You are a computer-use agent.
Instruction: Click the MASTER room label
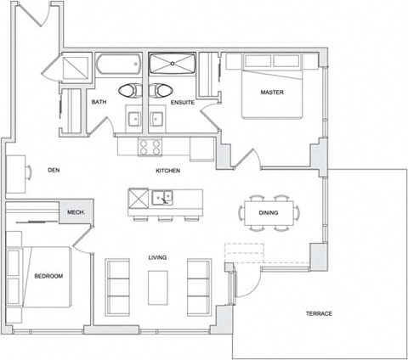(272, 92)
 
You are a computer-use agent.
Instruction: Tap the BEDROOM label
(48, 277)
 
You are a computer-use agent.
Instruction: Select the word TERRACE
(319, 314)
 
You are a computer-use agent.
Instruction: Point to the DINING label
(269, 212)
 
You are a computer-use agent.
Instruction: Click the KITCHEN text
(167, 171)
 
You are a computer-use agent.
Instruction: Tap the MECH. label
(75, 211)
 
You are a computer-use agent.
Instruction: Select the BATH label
(99, 103)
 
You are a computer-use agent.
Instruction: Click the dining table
(269, 212)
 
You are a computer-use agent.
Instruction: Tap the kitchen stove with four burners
(150, 146)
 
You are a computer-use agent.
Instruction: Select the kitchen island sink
(162, 199)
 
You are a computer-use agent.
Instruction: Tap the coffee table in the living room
(159, 286)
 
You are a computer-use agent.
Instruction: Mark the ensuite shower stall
(173, 65)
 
